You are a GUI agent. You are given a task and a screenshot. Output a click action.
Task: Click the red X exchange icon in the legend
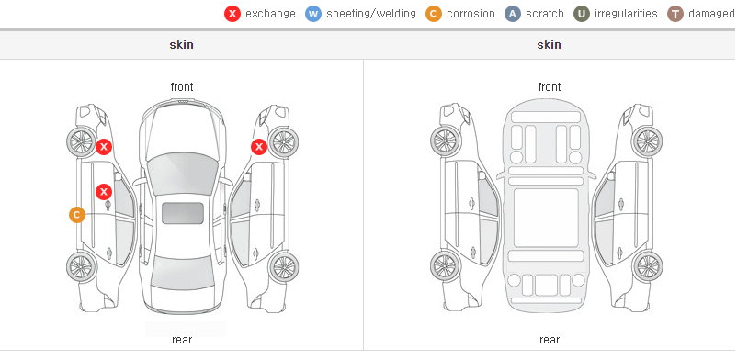(x=232, y=14)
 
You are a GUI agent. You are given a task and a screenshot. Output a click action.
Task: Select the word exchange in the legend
(x=270, y=14)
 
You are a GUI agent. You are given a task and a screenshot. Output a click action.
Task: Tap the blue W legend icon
(x=313, y=14)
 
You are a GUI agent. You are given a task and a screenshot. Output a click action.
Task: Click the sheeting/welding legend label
(x=371, y=14)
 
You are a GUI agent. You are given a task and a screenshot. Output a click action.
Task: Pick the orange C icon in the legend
(x=434, y=14)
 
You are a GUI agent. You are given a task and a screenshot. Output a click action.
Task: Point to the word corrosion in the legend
(x=471, y=14)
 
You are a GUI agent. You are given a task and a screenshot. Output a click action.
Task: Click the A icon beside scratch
(x=513, y=14)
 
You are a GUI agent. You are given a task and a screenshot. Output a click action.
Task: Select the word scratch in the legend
(x=545, y=14)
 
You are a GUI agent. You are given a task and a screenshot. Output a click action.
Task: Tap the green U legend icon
(x=582, y=14)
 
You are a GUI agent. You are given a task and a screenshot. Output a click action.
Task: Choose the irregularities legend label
(x=626, y=14)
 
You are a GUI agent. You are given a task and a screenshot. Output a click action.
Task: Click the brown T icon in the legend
(x=675, y=14)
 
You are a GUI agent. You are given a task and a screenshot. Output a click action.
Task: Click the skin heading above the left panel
(x=181, y=45)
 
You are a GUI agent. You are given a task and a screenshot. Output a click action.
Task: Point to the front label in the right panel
(x=550, y=87)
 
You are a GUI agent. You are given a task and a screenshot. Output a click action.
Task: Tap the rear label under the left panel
(x=182, y=340)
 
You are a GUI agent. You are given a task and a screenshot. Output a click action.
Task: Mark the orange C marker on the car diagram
(x=77, y=215)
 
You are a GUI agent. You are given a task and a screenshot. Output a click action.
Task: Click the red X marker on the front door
(x=104, y=192)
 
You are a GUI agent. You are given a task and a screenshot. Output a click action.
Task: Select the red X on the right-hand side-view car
(x=259, y=147)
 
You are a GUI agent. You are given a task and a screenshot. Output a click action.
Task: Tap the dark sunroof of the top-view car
(x=183, y=213)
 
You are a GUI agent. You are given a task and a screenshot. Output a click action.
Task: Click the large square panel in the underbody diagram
(x=546, y=218)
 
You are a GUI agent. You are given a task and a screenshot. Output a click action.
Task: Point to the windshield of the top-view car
(x=183, y=170)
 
